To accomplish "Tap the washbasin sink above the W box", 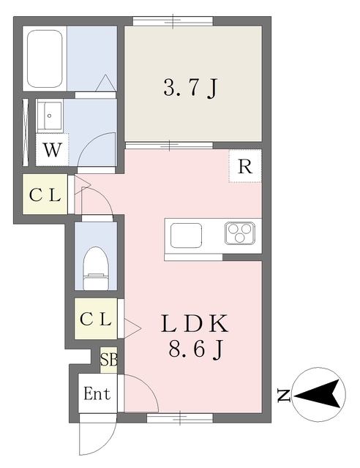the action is (x=50, y=116).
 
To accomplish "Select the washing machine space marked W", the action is (x=52, y=149).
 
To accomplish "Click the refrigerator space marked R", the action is (x=245, y=166).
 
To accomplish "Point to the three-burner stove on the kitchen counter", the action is (x=240, y=233).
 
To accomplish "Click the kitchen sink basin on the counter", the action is (x=186, y=235).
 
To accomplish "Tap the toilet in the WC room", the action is (x=96, y=268).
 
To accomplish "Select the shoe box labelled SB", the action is (x=108, y=360).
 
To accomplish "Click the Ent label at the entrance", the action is (x=97, y=393).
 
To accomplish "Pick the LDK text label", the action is (x=195, y=323).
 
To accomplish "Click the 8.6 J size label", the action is (x=195, y=350).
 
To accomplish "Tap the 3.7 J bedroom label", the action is (x=190, y=88).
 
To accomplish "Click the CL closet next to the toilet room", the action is (x=96, y=319).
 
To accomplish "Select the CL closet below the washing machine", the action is (x=45, y=194).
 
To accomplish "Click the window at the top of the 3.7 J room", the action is (x=173, y=21).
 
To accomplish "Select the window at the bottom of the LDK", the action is (x=180, y=418).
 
